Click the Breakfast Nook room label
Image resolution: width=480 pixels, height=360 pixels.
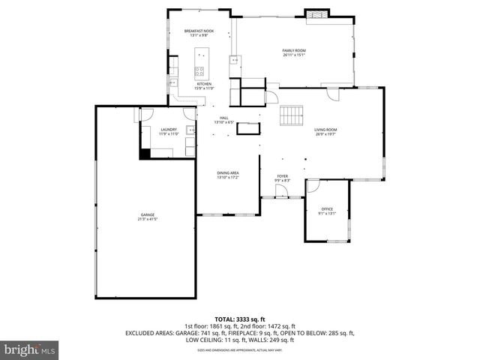click(x=199, y=31)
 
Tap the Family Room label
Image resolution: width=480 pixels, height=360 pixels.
click(x=294, y=50)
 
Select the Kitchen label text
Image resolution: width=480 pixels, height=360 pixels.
click(x=204, y=84)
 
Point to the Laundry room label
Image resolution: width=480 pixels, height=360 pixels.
click(x=169, y=129)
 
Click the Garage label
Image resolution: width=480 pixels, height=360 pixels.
click(x=146, y=215)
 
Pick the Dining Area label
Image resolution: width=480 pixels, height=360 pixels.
click(x=227, y=173)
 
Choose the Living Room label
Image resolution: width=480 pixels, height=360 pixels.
click(x=325, y=130)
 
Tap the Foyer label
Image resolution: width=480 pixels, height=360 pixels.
click(x=282, y=175)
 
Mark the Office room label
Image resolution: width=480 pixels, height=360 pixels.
click(x=327, y=208)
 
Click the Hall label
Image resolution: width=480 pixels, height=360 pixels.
click(x=223, y=118)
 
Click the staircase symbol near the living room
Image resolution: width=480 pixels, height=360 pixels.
click(x=291, y=116)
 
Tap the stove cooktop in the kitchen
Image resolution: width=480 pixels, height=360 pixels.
click(x=200, y=73)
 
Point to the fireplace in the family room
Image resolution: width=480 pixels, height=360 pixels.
click(x=316, y=14)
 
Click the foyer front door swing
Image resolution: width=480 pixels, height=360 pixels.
click(x=282, y=192)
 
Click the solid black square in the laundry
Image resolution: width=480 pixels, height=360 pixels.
click(x=145, y=154)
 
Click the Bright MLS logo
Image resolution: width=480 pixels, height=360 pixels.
click(x=30, y=349)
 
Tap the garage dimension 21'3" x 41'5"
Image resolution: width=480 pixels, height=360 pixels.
click(x=146, y=220)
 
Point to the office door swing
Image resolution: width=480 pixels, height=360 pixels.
click(x=313, y=184)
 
